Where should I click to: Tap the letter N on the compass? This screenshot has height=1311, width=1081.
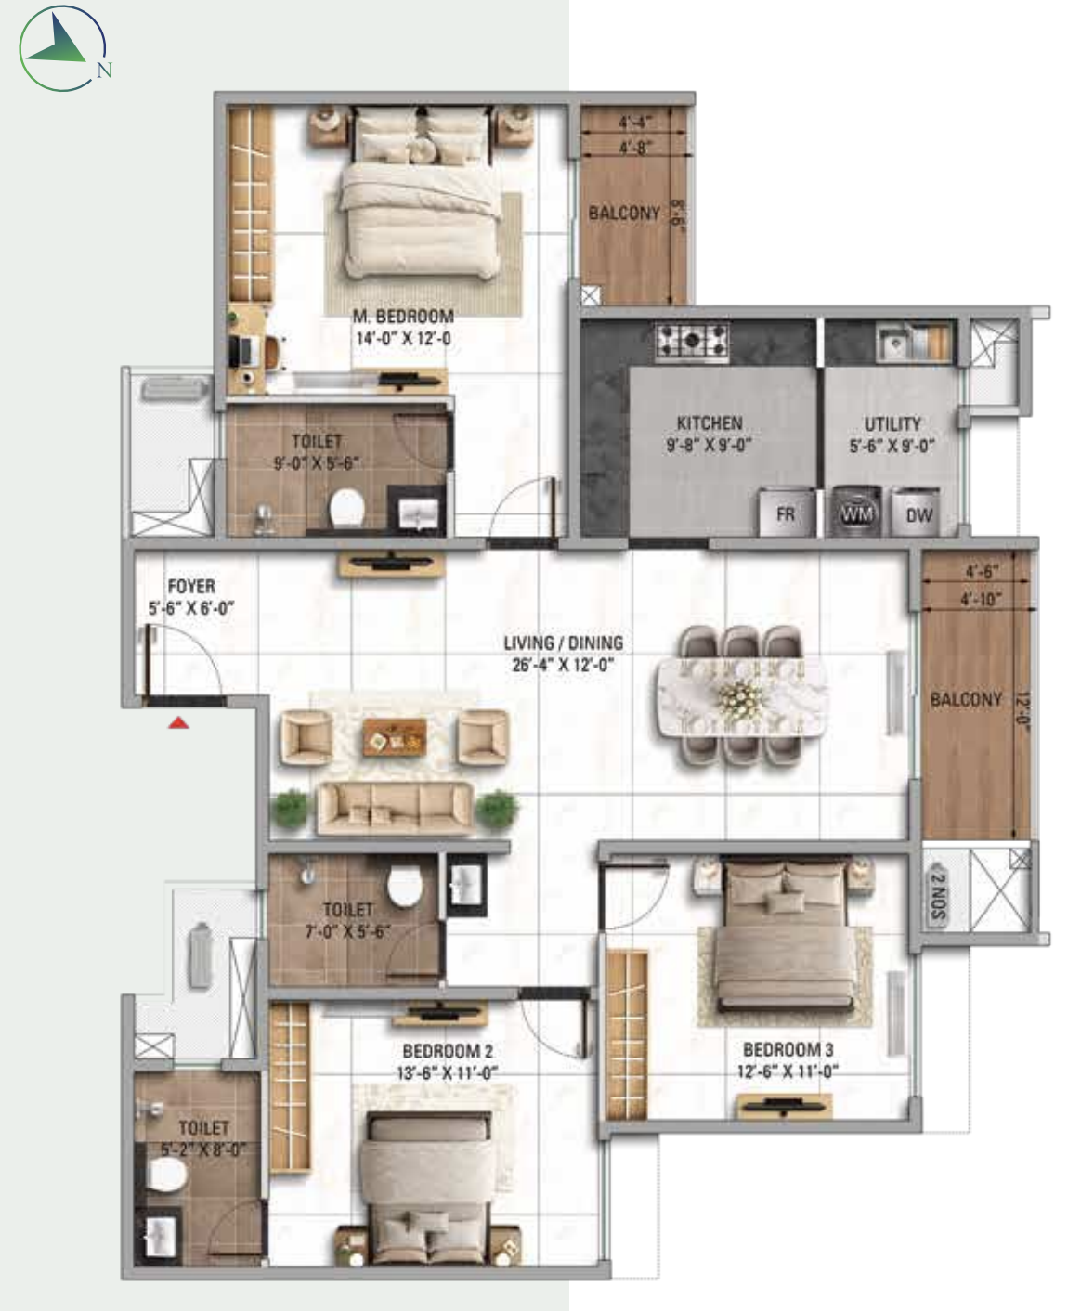(x=104, y=71)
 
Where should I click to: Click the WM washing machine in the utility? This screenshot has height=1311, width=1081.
(x=857, y=513)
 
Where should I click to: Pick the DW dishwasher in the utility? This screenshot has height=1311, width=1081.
(x=918, y=513)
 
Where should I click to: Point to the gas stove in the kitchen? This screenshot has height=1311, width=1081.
(x=692, y=343)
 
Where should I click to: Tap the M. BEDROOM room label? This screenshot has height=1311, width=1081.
(x=403, y=316)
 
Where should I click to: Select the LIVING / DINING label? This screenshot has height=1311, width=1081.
(x=564, y=643)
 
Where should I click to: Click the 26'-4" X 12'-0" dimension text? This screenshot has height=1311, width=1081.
(x=563, y=664)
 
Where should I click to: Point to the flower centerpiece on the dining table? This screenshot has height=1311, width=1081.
(x=740, y=695)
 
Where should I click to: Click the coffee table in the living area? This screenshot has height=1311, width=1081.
(x=395, y=737)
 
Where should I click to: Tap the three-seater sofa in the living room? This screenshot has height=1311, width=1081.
(x=395, y=809)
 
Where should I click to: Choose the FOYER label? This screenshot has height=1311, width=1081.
(x=191, y=586)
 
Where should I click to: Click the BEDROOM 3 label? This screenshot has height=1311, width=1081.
(x=788, y=1049)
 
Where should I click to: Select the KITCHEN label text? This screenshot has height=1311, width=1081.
(x=710, y=422)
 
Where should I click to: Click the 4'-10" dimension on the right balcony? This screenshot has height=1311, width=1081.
(x=981, y=599)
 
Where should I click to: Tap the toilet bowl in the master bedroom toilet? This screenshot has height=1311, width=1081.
(x=347, y=507)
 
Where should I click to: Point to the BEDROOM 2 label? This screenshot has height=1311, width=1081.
(x=448, y=1050)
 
